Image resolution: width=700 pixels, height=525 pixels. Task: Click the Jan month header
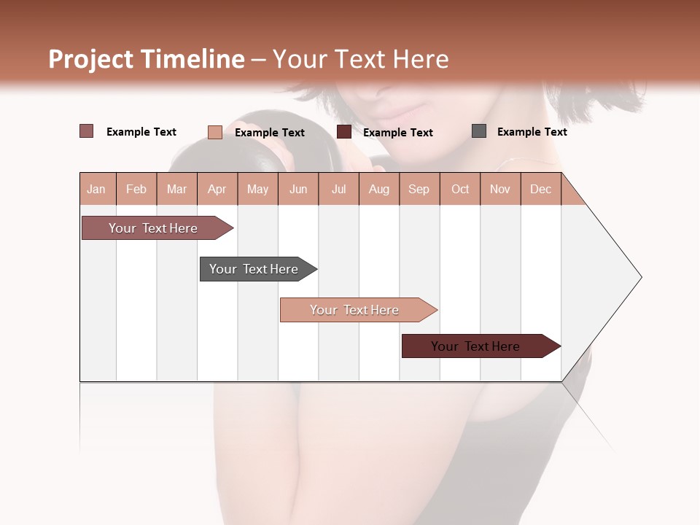pos(97,189)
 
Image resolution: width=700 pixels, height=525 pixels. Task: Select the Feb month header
pos(136,189)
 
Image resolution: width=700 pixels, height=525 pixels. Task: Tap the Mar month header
pos(176,189)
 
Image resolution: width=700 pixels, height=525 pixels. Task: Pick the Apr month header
pos(217,189)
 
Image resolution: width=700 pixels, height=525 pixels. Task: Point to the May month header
pos(257,189)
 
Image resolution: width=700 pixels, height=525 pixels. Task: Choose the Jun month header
pos(298,189)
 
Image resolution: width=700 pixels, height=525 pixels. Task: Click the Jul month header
pos(338,189)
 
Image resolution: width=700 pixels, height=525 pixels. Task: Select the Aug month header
pos(379,189)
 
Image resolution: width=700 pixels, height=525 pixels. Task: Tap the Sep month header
pos(419,189)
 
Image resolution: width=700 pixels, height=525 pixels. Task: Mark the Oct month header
pos(460,189)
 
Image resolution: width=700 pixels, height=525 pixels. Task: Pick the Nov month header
pos(500,189)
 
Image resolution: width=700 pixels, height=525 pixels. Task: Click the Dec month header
pos(541,189)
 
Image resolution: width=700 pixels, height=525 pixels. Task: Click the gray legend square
pos(479,131)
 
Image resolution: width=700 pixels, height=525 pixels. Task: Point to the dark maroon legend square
pos(344,132)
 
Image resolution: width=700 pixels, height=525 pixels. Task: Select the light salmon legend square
pos(215,132)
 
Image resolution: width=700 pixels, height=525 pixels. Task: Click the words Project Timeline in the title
pos(147,59)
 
